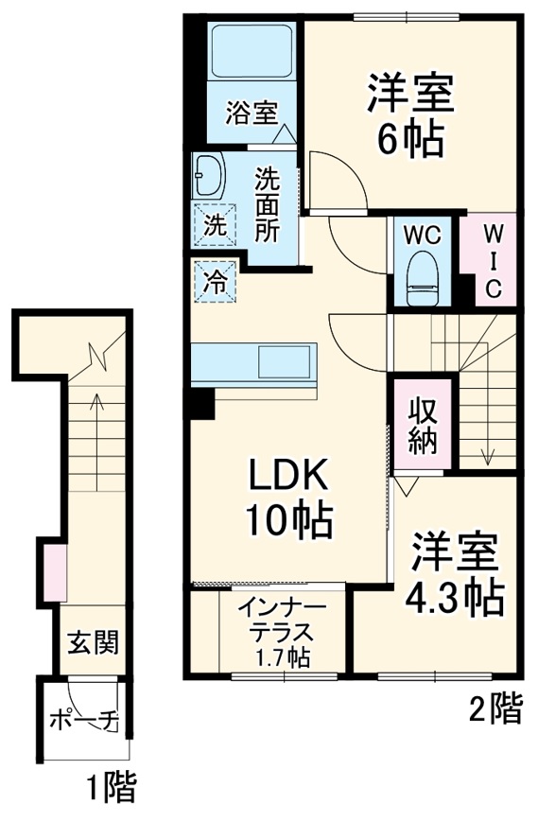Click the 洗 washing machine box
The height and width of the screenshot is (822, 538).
coord(214,225)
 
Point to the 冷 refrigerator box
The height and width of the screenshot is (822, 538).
coord(215,280)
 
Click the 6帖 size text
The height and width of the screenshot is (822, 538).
coord(410,141)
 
